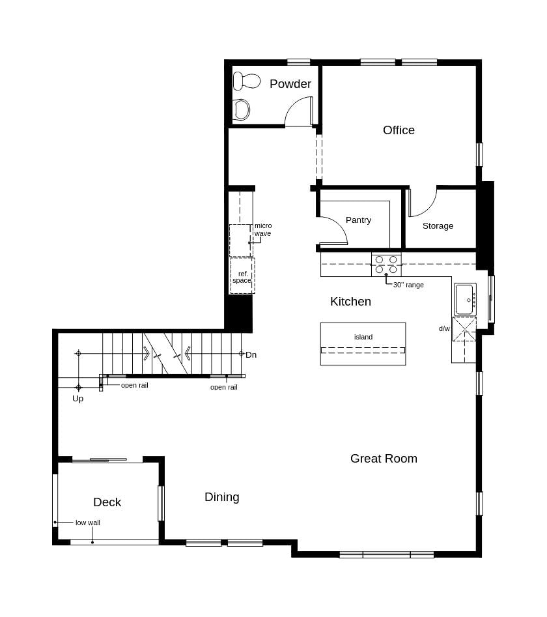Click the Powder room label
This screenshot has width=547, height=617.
(290, 84)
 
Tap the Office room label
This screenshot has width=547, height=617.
(399, 130)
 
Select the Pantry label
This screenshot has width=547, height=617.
(358, 220)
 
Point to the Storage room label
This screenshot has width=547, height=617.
(438, 226)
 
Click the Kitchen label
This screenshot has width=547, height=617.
(350, 302)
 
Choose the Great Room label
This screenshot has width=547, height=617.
(384, 459)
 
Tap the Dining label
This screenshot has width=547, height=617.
(222, 497)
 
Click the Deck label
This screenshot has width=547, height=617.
(107, 502)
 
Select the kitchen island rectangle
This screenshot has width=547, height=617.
(363, 343)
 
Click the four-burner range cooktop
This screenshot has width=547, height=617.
(386, 264)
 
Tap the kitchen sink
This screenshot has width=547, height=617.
(465, 300)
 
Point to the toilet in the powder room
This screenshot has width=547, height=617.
(245, 81)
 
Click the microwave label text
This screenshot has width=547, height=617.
(262, 229)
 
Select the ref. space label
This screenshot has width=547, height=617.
(242, 277)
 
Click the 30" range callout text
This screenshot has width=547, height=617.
(408, 285)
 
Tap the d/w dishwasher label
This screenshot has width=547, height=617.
(444, 329)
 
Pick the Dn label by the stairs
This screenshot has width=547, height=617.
(251, 355)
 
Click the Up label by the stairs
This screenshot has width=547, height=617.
(77, 399)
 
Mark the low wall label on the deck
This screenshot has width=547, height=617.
(88, 523)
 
